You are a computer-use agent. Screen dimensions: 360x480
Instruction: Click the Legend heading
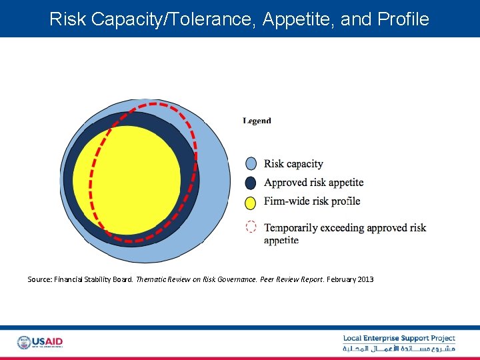[257, 121]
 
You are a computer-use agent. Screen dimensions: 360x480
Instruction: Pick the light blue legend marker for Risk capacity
[251, 164]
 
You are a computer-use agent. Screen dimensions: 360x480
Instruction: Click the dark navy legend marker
[251, 183]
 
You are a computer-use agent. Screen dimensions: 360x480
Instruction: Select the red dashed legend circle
[251, 227]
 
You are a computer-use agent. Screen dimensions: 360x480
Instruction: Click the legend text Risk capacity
[293, 164]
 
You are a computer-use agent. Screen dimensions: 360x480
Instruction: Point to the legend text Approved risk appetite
[313, 183]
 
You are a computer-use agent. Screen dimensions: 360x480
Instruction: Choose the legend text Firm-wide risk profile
[312, 201]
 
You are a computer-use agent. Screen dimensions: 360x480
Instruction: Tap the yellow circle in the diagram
[127, 180]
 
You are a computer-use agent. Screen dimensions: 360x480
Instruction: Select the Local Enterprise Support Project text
[399, 339]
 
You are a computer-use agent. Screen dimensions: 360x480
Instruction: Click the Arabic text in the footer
[399, 349]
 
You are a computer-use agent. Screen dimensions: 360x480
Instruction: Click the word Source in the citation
[38, 279]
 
